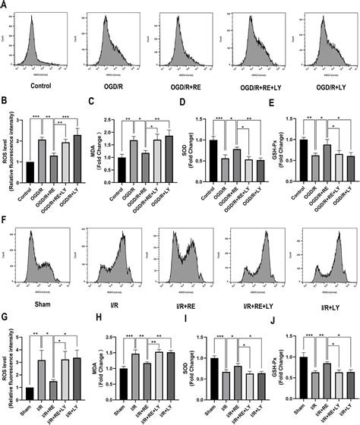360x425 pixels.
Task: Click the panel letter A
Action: tap(6, 5)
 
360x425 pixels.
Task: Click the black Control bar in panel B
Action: tap(31, 173)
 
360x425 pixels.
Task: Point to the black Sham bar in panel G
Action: tap(31, 388)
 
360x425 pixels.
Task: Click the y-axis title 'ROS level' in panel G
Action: tap(7, 368)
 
